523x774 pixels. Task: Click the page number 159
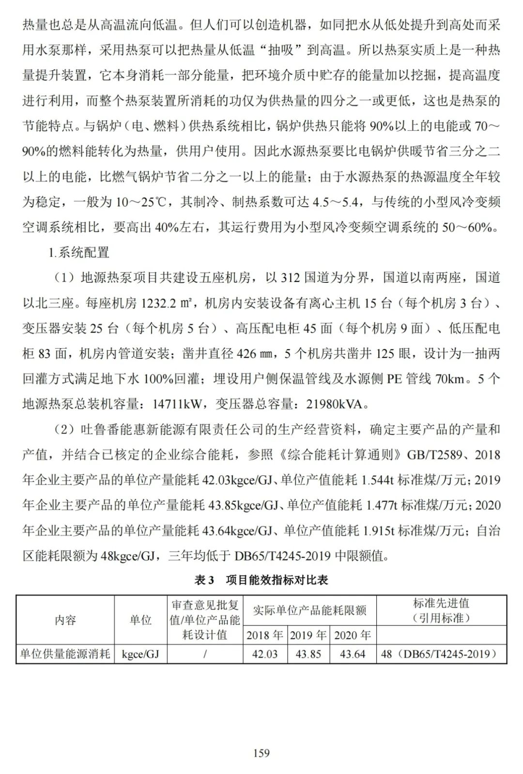(x=261, y=753)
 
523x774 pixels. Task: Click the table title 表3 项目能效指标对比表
(x=261, y=580)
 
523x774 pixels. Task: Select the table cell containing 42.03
(x=265, y=654)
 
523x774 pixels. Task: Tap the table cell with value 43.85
(x=308, y=654)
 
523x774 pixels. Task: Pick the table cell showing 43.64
(x=353, y=654)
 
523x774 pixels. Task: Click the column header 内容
(x=65, y=620)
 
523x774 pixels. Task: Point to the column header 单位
(x=140, y=620)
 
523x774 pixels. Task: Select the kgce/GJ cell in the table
(x=140, y=654)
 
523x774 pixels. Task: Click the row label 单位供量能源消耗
(x=65, y=654)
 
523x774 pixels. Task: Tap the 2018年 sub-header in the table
(x=265, y=635)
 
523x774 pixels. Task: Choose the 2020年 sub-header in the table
(x=353, y=635)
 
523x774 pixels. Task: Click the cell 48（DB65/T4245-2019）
(x=441, y=654)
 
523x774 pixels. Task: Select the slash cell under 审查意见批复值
(x=205, y=654)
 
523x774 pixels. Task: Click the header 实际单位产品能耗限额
(x=309, y=610)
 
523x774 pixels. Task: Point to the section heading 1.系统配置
(x=78, y=252)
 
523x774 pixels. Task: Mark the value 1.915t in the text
(x=378, y=530)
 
